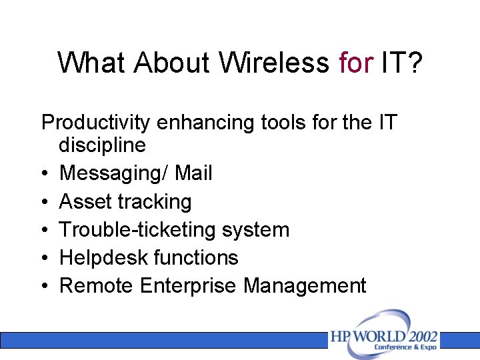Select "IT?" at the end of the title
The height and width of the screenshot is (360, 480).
coord(402,63)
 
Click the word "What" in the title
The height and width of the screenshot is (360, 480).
coord(92,63)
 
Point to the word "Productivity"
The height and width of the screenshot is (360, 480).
coord(96,123)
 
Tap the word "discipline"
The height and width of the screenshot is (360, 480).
coord(102,145)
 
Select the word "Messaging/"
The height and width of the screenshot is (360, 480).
coord(114,173)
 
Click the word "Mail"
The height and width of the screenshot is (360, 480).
coord(193,173)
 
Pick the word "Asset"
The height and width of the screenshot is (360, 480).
coord(85,201)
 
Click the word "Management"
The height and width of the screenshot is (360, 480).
coord(305,286)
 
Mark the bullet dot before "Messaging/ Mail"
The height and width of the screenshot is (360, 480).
coord(44,174)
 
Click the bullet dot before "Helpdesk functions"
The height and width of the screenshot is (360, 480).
coord(44,259)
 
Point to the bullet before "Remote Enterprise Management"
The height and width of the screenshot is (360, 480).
coord(44,287)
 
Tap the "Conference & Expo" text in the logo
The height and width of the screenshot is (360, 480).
coord(405,347)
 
